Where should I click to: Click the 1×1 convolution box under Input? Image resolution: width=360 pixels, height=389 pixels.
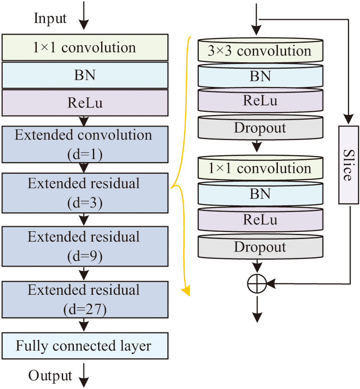[84, 47]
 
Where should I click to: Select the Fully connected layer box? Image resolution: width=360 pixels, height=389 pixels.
[84, 346]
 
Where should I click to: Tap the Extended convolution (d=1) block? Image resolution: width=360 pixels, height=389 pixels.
[84, 144]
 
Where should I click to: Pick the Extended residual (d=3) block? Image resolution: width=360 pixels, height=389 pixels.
[84, 193]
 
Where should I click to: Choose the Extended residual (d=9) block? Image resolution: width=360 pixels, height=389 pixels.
[84, 246]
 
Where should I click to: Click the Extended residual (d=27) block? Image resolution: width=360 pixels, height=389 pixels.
[84, 300]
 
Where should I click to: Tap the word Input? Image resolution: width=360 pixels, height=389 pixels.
[51, 19]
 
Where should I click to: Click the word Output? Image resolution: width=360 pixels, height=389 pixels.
[51, 375]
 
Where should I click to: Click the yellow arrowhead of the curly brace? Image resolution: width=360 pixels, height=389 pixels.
[187, 292]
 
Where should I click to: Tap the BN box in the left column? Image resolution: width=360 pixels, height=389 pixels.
[84, 75]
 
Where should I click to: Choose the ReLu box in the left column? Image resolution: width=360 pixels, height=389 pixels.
[84, 103]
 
